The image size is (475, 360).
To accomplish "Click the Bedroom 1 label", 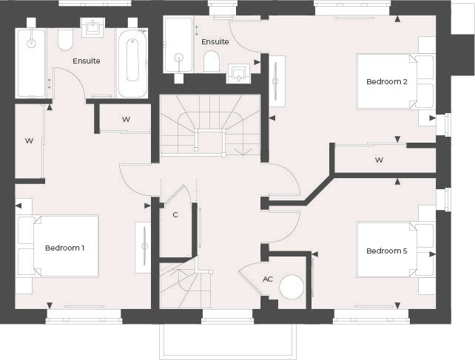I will point(64,248).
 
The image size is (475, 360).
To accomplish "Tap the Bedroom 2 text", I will point(387,81).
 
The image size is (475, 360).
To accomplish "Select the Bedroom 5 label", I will point(387,251).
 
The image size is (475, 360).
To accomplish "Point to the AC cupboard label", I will point(268,279).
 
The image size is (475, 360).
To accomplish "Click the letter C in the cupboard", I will point(175,215).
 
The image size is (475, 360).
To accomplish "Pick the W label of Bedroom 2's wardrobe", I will point(379,160).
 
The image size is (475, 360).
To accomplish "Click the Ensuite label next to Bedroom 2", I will point(215,41).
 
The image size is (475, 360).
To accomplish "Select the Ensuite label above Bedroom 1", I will point(86,61).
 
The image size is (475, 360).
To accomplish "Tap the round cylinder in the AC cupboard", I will point(291,285).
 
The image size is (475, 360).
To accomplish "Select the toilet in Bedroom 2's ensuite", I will point(211,62).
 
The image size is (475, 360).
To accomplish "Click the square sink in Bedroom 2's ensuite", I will point(239,72).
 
